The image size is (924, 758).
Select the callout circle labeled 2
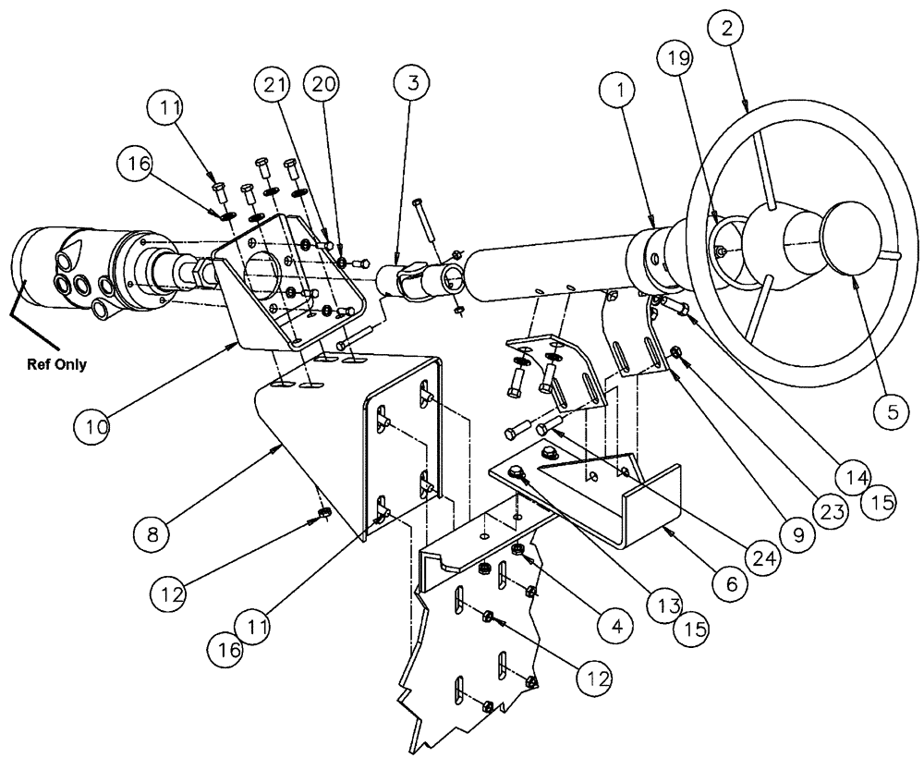pyautogui.click(x=727, y=29)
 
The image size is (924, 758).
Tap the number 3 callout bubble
pyautogui.click(x=412, y=83)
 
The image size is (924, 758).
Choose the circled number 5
pyautogui.click(x=892, y=413)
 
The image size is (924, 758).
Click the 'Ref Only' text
pyautogui.click(x=56, y=364)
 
